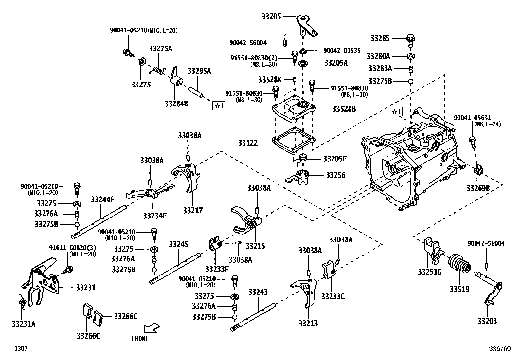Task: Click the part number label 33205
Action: tap(271, 16)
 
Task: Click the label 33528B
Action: tap(344, 109)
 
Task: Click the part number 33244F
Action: tap(102, 199)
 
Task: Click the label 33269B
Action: tap(478, 188)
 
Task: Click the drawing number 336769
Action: tap(500, 349)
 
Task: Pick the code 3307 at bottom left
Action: tap(20, 349)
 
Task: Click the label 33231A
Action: tap(24, 324)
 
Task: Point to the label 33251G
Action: tap(429, 272)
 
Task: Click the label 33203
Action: tap(487, 321)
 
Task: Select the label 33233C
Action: tap(333, 296)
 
